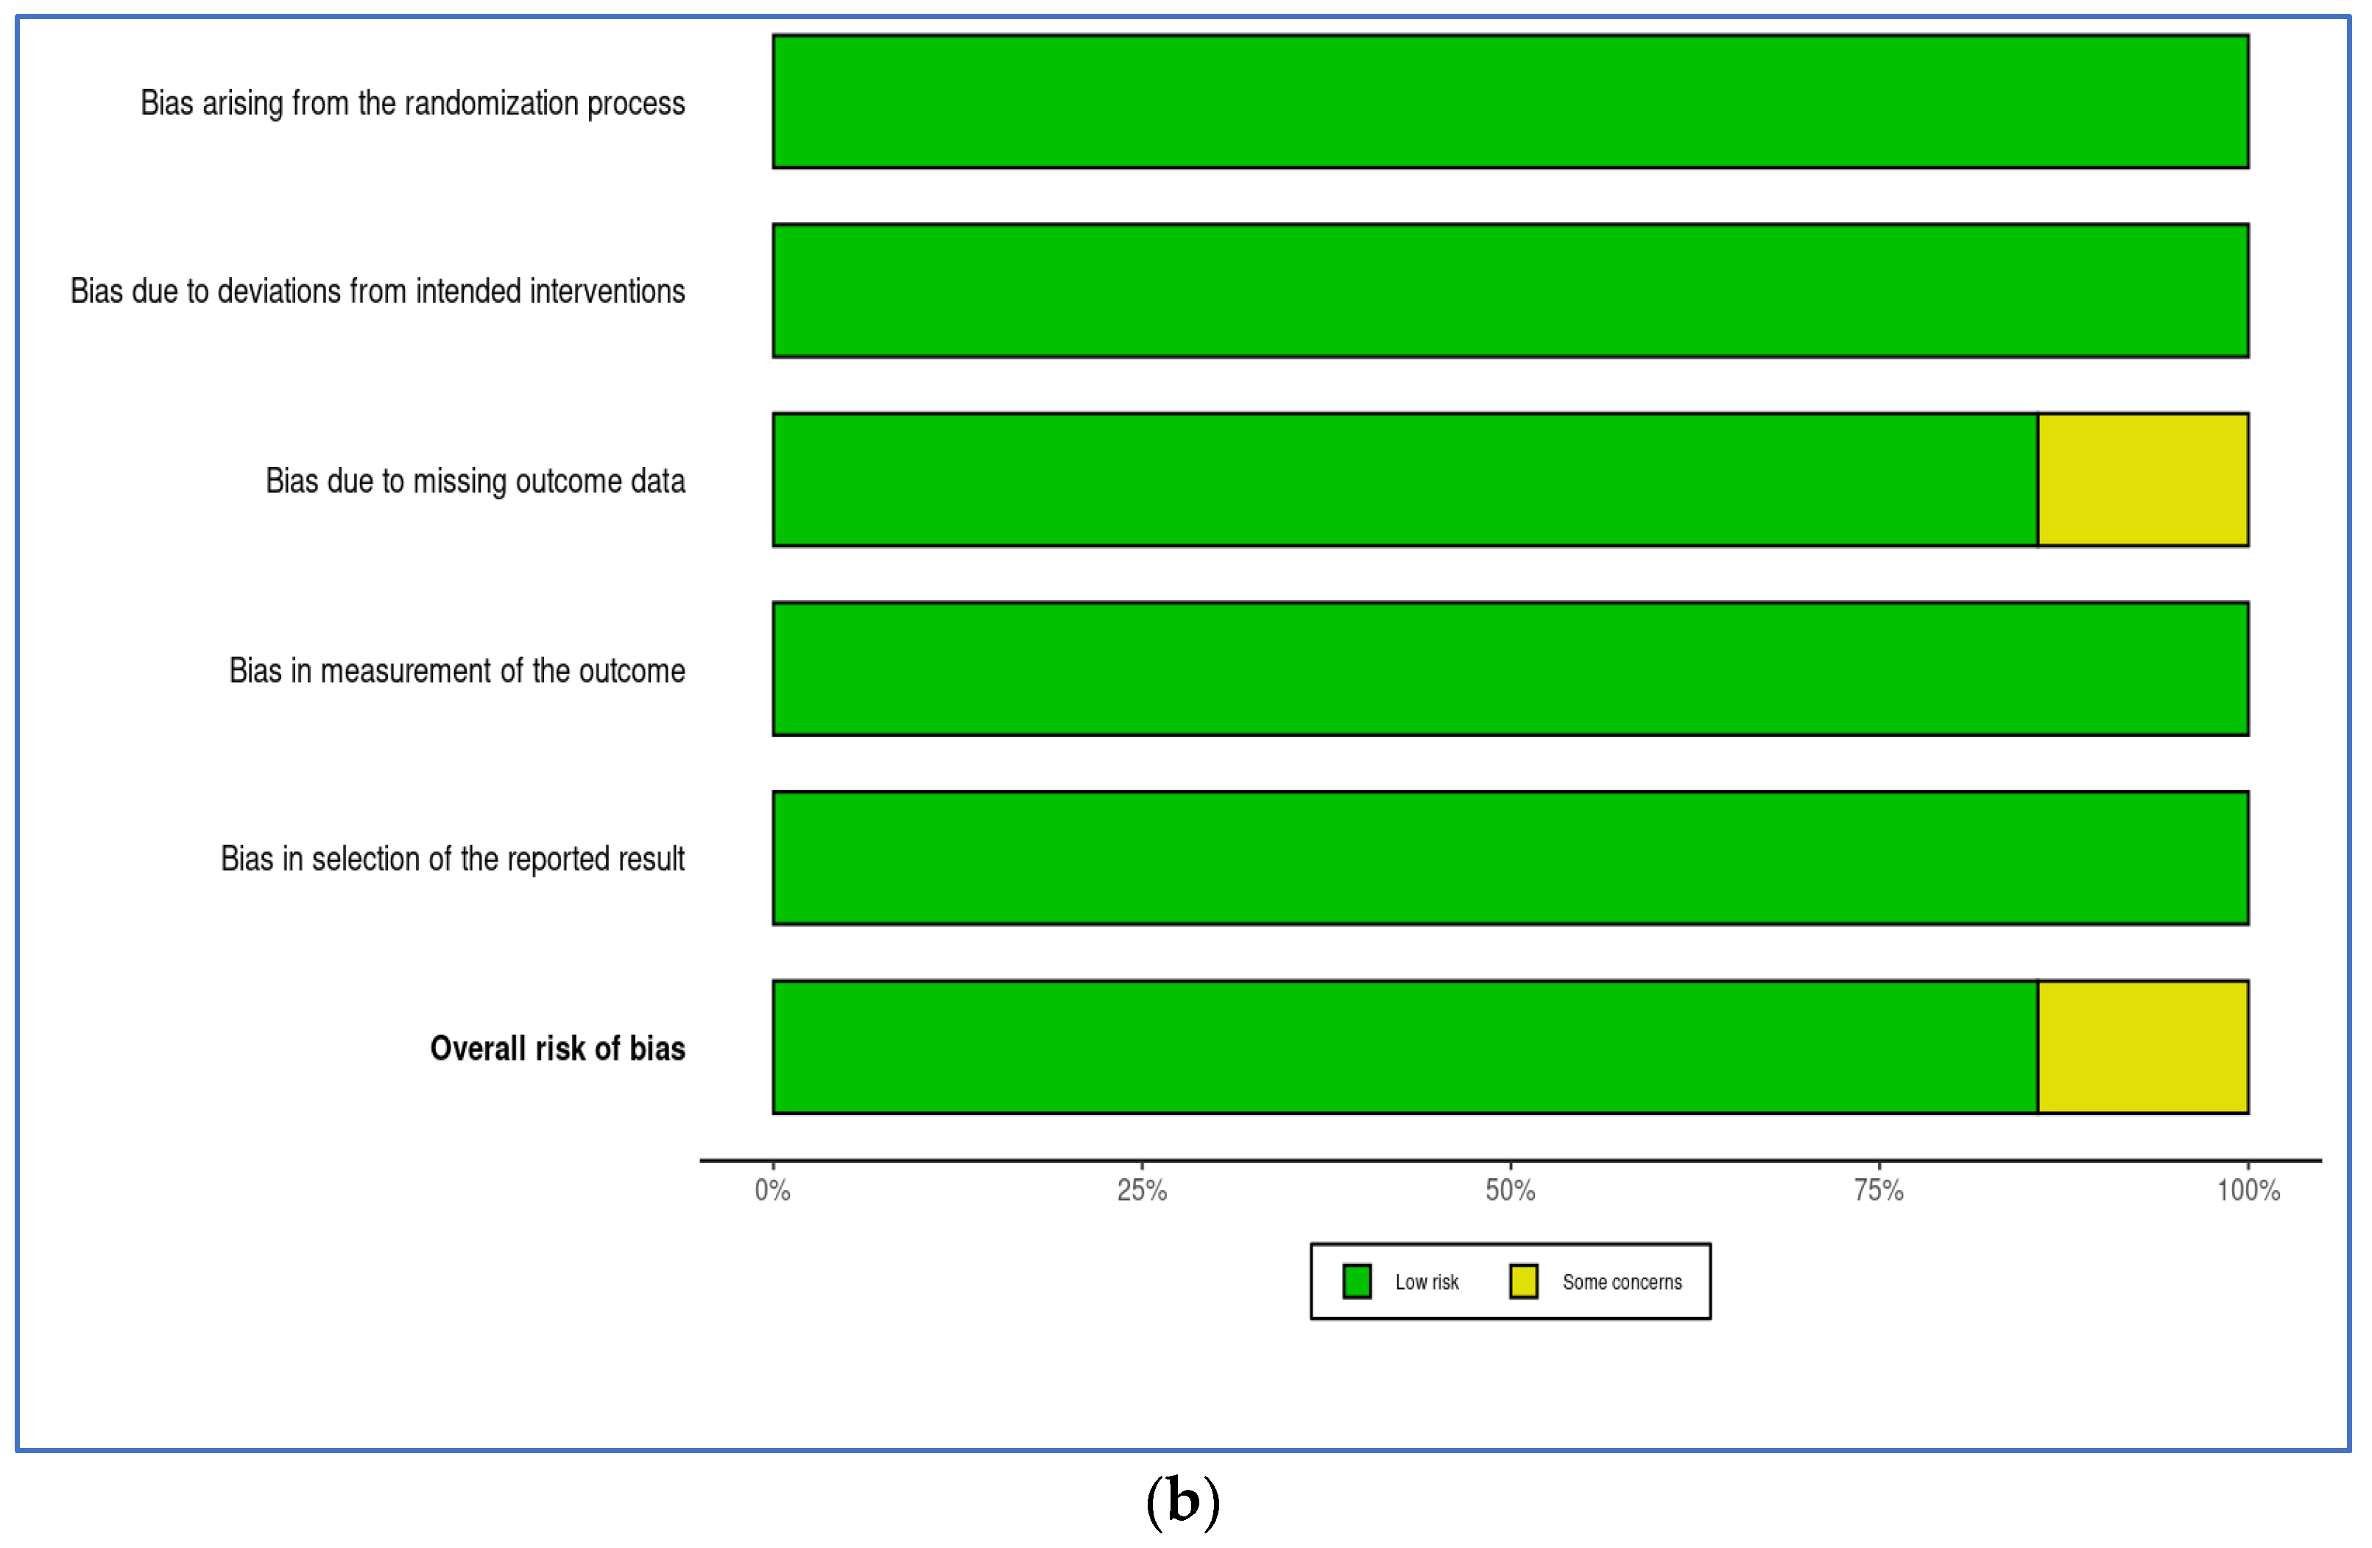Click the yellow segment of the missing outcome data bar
click(2143, 479)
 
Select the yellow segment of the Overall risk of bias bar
click(2143, 1046)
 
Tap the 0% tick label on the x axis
click(772, 1190)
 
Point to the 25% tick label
click(1141, 1190)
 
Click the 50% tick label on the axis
click(1510, 1190)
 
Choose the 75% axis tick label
click(1879, 1190)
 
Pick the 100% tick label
click(2248, 1190)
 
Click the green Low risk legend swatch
click(1356, 1281)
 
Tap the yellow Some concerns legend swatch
click(1523, 1281)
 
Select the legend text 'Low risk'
click(1426, 1282)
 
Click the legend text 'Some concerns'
click(1622, 1282)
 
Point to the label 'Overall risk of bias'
click(557, 1049)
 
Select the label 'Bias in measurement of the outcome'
click(456, 671)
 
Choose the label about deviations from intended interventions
click(378, 291)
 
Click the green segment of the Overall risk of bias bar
click(1405, 1046)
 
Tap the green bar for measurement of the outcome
click(1510, 669)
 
